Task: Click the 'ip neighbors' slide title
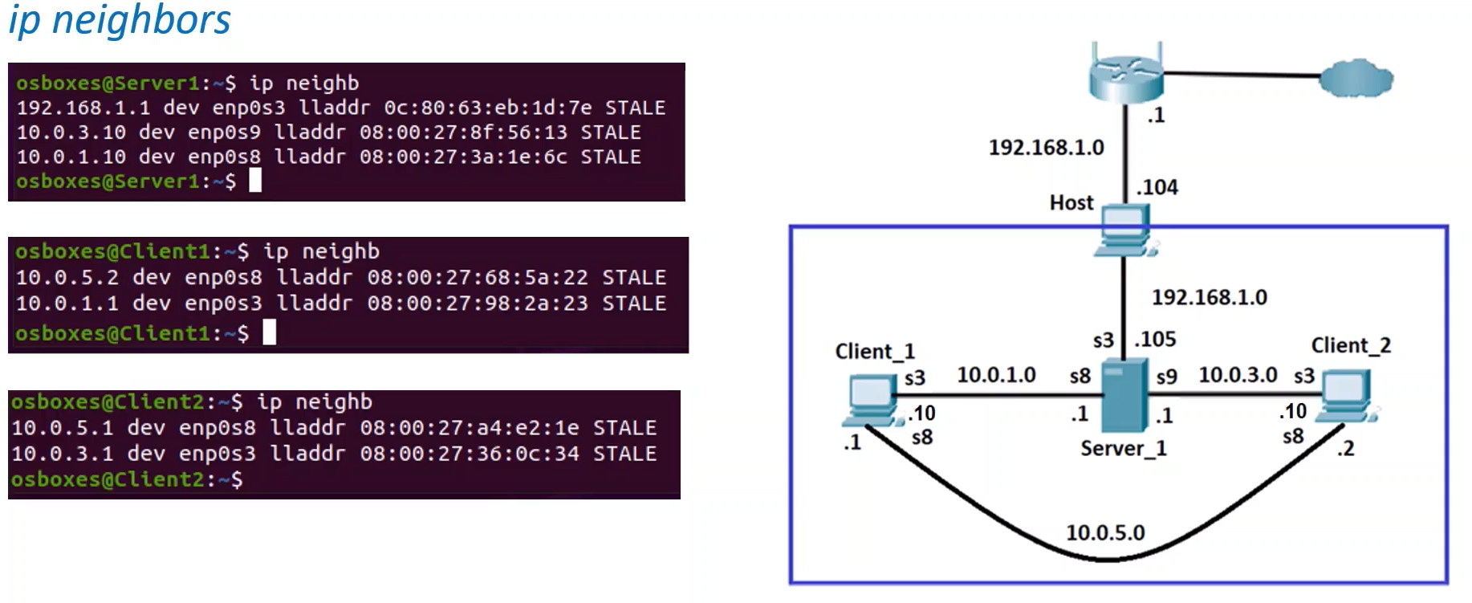point(120,21)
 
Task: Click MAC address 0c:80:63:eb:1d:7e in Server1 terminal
point(488,108)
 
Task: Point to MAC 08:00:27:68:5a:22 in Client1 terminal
point(478,278)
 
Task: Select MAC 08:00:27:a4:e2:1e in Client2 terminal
point(470,428)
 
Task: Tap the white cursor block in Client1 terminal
point(270,332)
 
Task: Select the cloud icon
point(1356,78)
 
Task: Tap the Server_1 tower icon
point(1124,396)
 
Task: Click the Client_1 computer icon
point(870,401)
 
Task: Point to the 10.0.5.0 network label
point(1105,532)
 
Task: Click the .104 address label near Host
point(1157,187)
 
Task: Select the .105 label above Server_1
point(1155,340)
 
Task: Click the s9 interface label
point(1166,377)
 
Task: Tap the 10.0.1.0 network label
point(996,375)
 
